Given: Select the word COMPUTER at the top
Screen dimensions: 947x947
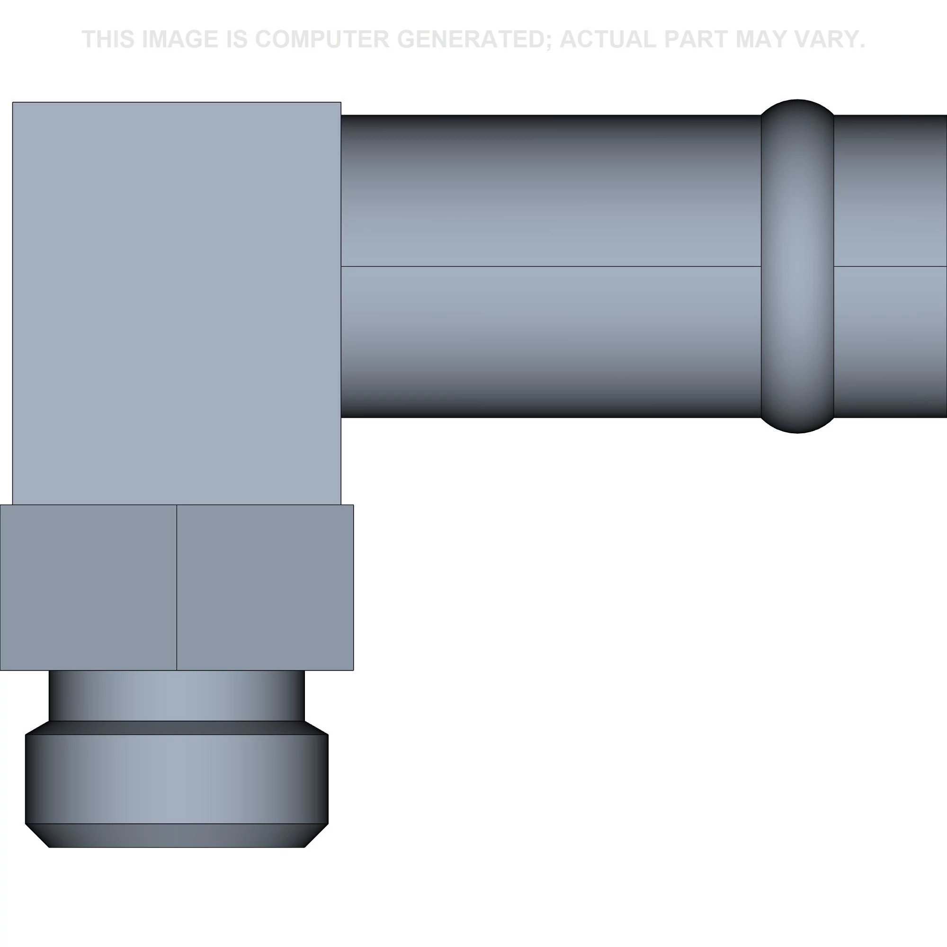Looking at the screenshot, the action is point(322,39).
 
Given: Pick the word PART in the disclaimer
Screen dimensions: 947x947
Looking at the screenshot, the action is point(694,39).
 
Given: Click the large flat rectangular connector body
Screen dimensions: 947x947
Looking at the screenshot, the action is point(177,304).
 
